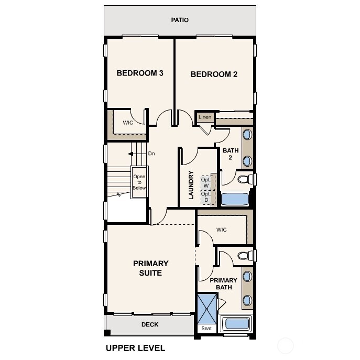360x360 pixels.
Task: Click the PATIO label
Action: (x=180, y=20)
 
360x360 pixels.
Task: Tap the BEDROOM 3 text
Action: (x=140, y=73)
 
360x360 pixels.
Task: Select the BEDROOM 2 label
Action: (x=214, y=74)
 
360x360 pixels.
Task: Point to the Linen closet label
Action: (x=205, y=117)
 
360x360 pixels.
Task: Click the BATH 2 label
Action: (x=231, y=154)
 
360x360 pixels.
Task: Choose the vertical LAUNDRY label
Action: (x=191, y=185)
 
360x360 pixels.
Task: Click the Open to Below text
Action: (x=139, y=182)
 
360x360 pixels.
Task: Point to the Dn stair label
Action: (x=151, y=154)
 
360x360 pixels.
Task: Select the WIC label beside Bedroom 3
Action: (x=128, y=123)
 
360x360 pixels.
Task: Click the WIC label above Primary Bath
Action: (x=222, y=230)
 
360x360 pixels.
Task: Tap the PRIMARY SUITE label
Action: (x=150, y=268)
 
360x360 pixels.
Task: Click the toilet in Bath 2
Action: (x=243, y=180)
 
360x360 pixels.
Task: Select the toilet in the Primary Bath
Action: (x=243, y=256)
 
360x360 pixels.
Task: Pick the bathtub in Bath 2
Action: (x=234, y=199)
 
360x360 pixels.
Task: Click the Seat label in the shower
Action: (x=205, y=329)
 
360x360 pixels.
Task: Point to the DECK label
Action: (x=150, y=325)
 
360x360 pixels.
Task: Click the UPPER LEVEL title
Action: (x=135, y=348)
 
